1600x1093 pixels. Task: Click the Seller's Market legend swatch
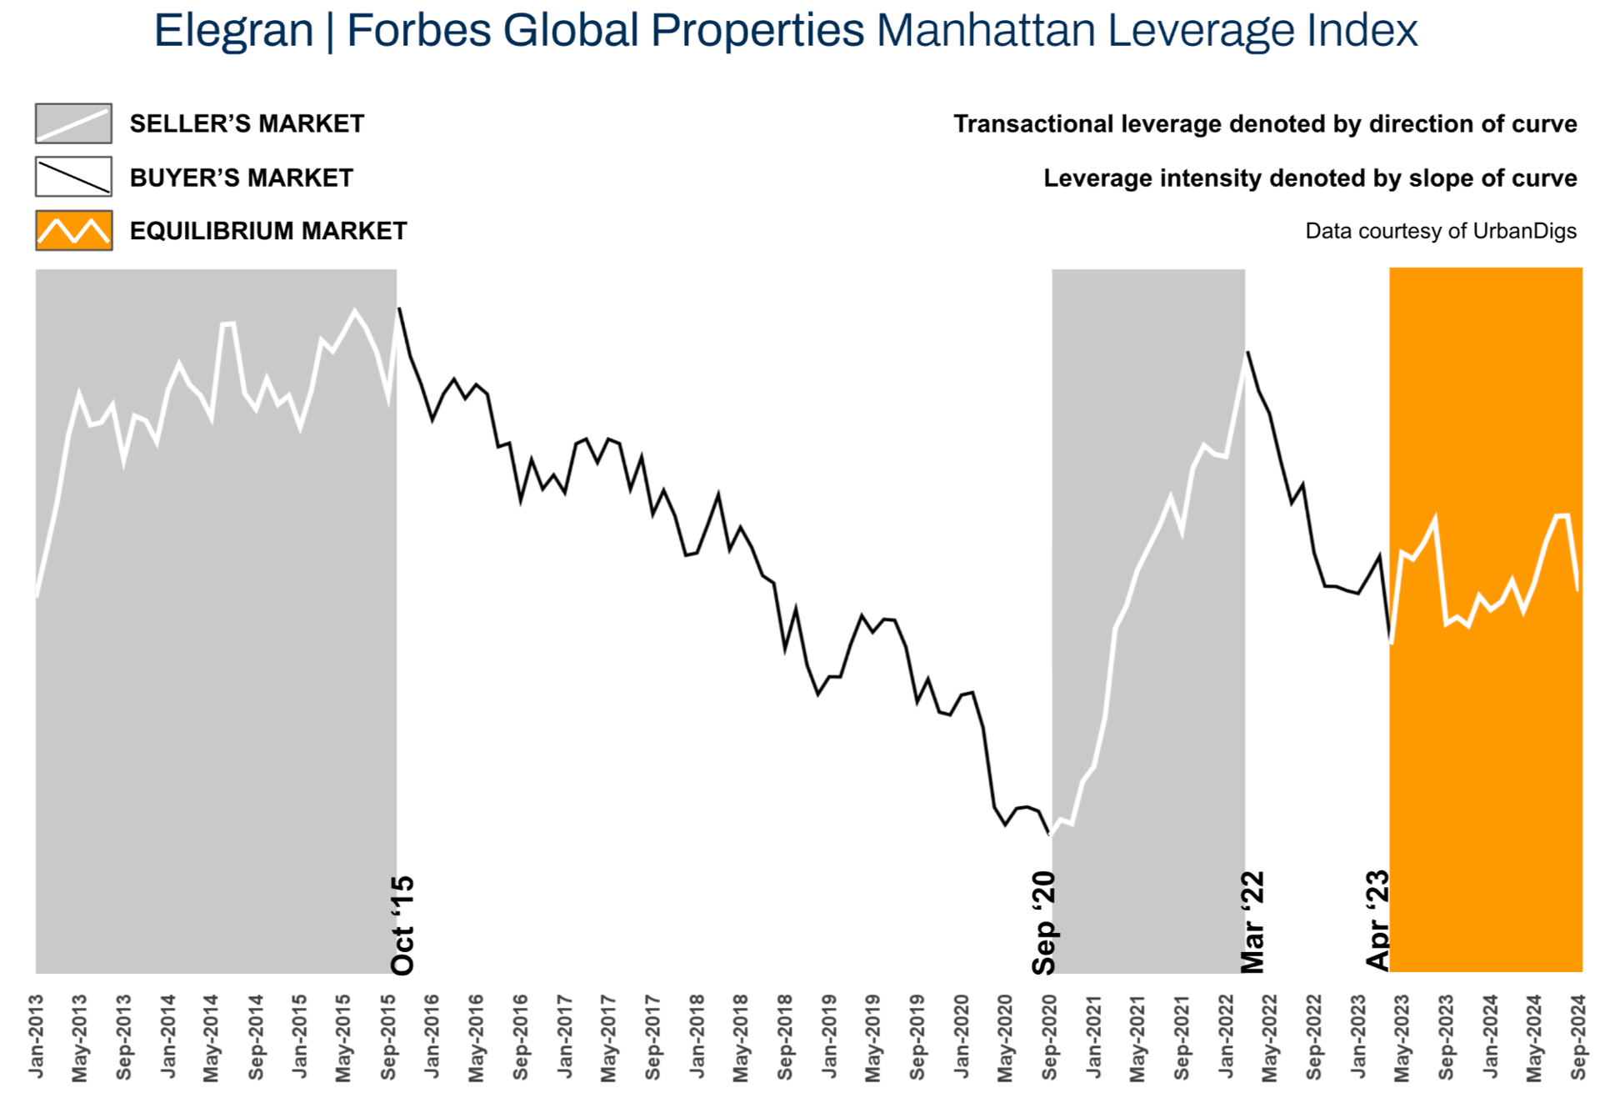tap(73, 123)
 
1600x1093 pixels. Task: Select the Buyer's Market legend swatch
tap(73, 177)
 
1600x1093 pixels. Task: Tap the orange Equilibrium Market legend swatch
tap(73, 231)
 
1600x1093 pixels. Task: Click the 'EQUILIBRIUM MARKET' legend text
tap(268, 231)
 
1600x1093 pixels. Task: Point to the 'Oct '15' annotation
tap(402, 925)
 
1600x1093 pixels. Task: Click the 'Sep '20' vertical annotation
tap(1043, 923)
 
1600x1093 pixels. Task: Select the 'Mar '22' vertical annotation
tap(1252, 922)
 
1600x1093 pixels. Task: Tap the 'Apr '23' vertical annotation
tap(1377, 920)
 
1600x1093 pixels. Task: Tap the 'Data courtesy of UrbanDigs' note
tap(1441, 231)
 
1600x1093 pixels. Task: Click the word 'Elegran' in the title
tap(233, 31)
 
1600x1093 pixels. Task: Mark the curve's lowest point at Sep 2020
tap(1049, 834)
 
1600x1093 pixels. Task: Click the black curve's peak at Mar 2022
tap(1247, 353)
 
